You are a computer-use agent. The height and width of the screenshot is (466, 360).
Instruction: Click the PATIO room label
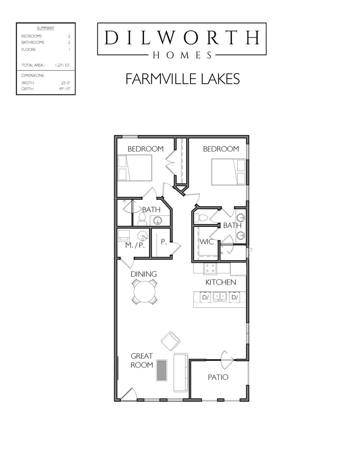click(x=218, y=377)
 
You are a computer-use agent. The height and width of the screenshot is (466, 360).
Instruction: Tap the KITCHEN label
click(x=220, y=282)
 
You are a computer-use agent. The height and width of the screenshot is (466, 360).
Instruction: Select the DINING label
click(x=144, y=274)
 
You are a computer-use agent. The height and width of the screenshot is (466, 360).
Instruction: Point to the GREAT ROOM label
click(x=142, y=360)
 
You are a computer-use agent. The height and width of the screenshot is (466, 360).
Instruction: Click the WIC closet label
click(x=206, y=242)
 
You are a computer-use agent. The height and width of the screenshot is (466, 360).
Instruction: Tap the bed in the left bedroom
click(x=135, y=168)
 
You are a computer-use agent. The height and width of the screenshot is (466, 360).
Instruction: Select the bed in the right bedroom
click(x=229, y=172)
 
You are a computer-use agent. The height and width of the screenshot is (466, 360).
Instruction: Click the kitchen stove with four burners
click(x=210, y=268)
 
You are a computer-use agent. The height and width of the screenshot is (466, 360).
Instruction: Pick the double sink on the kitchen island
click(x=220, y=297)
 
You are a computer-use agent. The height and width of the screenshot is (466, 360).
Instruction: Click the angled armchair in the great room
click(x=170, y=341)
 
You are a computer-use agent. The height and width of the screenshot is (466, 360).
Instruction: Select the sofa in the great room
click(x=181, y=372)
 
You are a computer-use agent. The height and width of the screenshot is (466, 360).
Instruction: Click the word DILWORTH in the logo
click(x=182, y=38)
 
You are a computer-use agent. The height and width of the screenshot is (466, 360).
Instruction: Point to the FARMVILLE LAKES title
click(x=182, y=79)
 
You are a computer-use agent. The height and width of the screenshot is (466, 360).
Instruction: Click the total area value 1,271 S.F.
click(x=63, y=66)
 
